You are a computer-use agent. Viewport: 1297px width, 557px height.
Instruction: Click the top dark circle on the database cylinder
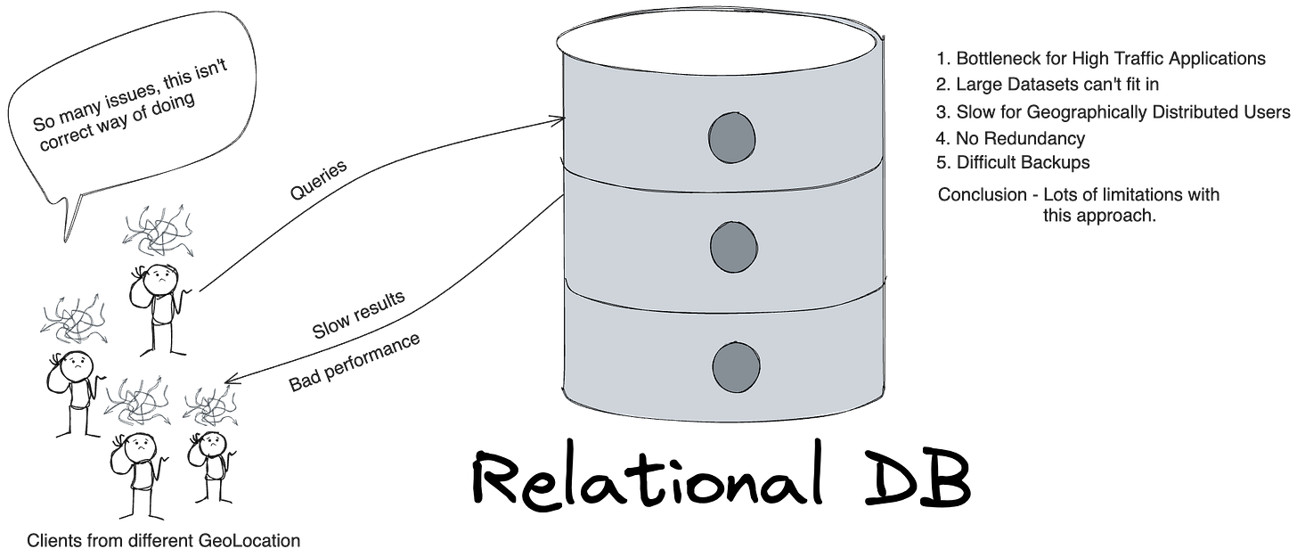pyautogui.click(x=732, y=138)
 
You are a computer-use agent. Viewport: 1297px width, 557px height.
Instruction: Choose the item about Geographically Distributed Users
pyautogui.click(x=1113, y=112)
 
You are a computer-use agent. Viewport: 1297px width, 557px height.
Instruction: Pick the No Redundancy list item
pyautogui.click(x=1011, y=139)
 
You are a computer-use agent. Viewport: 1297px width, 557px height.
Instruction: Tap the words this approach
pyautogui.click(x=1097, y=216)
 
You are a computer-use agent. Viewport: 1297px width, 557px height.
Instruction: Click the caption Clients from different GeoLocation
pyautogui.click(x=163, y=541)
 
